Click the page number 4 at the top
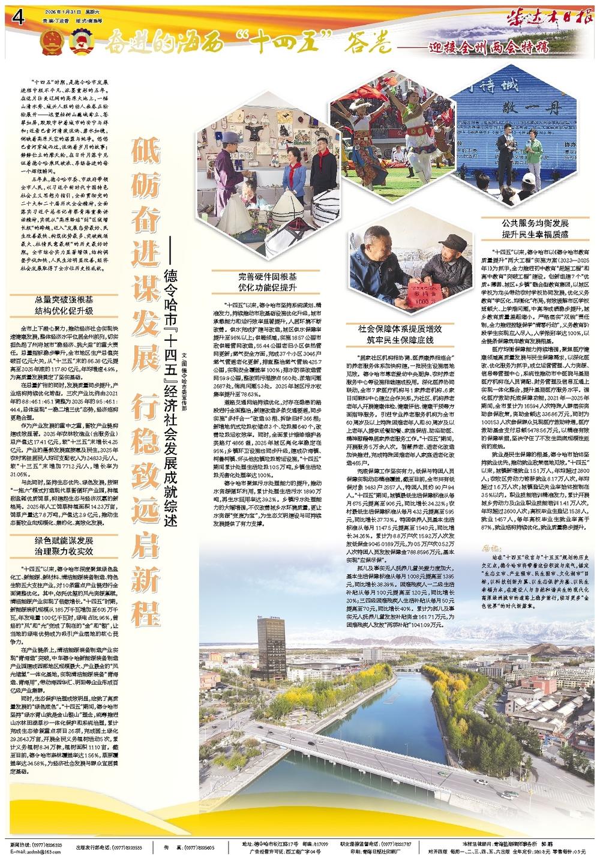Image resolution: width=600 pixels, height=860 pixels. coord(16,18)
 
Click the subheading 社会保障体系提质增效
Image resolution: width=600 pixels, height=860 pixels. coord(400,329)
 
